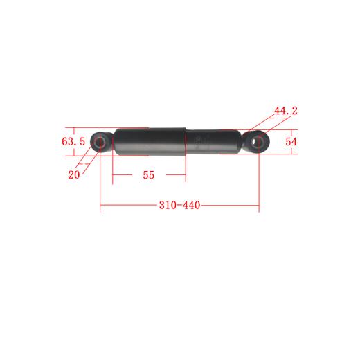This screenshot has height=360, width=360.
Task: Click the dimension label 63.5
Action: click(x=73, y=143)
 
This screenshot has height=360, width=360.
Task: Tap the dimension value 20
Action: click(x=74, y=175)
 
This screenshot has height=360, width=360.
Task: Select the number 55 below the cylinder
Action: click(x=149, y=175)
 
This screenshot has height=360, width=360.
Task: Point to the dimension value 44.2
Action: click(x=285, y=111)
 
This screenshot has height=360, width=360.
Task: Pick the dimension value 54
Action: click(x=291, y=142)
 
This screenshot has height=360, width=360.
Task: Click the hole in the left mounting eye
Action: click(x=100, y=143)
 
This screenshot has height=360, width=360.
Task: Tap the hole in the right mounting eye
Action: click(x=260, y=142)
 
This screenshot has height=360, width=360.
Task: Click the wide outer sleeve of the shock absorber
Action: click(x=149, y=143)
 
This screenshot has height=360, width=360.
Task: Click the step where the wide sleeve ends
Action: click(x=186, y=142)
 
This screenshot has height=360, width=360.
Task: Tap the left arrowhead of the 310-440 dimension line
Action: click(x=102, y=207)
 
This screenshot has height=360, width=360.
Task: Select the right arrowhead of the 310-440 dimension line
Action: click(x=258, y=207)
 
